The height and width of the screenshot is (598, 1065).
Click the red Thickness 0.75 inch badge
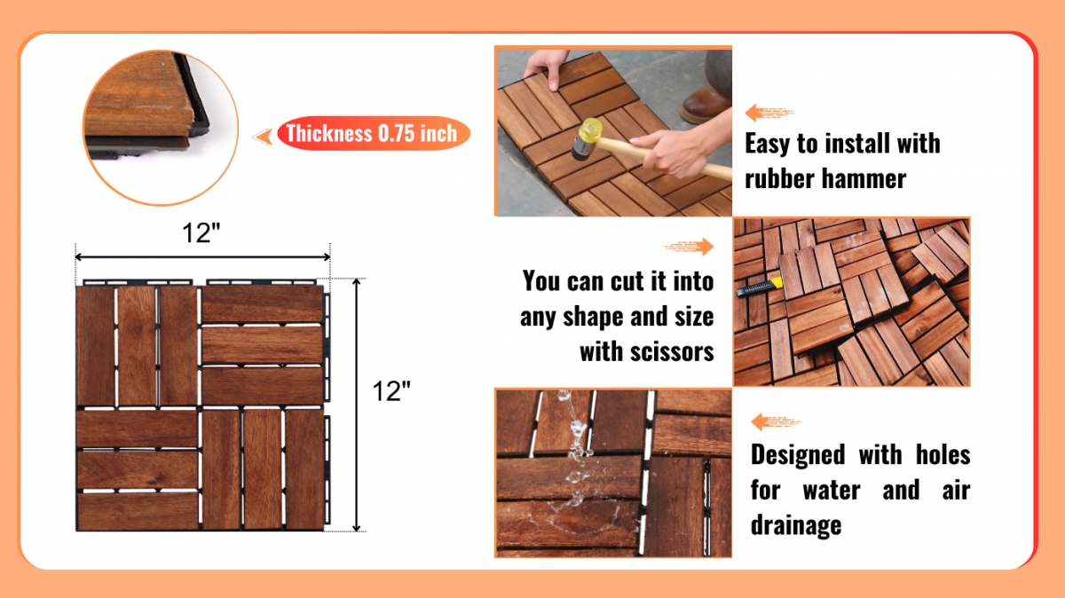(374, 133)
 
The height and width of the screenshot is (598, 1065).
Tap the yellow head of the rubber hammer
(590, 130)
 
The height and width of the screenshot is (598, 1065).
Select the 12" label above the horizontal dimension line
(201, 233)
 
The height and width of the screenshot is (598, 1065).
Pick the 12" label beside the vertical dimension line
(390, 391)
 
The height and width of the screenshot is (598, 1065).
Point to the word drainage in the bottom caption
(796, 526)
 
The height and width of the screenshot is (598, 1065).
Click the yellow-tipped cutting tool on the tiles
(759, 287)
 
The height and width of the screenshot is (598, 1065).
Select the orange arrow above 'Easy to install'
(769, 113)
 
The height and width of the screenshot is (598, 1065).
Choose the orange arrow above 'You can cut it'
(689, 247)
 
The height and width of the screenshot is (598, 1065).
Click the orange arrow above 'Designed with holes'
(776, 421)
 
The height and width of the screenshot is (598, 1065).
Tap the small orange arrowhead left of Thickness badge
(263, 137)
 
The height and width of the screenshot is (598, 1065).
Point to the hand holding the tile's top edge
(547, 67)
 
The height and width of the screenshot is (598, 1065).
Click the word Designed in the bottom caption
(798, 454)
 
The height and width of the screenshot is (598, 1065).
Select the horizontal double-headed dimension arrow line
(202, 257)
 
